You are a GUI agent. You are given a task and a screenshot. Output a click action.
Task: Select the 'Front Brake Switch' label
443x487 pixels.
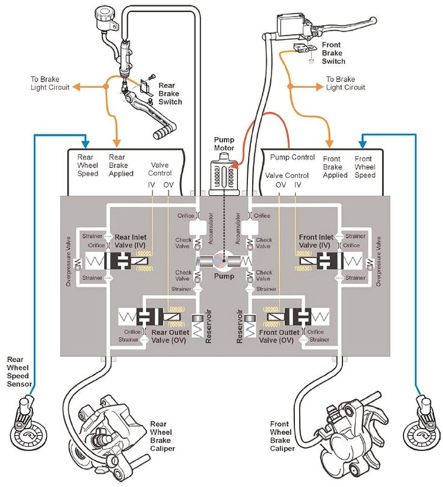coord(333,53)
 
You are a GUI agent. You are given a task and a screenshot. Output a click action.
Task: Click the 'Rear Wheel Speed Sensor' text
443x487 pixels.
coord(19,375)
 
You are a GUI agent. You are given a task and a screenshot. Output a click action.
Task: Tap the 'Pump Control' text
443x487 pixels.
coord(292,158)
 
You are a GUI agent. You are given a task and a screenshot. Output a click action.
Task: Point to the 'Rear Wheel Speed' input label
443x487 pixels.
coord(88,166)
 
